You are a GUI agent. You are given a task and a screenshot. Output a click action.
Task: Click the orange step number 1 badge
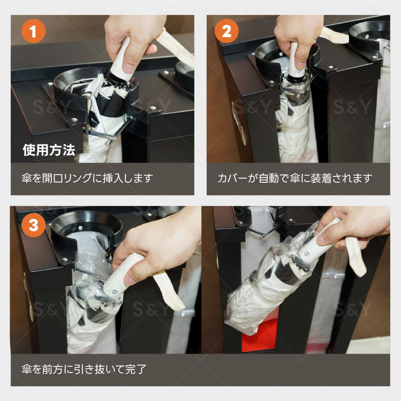33,31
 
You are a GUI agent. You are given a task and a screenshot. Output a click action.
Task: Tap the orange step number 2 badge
227,31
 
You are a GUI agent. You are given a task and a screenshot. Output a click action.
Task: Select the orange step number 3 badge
33,225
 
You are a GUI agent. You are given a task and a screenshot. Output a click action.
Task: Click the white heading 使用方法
49,150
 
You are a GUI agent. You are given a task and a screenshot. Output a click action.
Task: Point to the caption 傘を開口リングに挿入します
88,178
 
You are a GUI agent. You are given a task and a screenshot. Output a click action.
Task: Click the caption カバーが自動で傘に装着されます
295,178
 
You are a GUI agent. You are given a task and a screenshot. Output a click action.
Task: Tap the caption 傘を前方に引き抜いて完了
84,369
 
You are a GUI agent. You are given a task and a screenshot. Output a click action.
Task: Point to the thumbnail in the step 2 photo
300,65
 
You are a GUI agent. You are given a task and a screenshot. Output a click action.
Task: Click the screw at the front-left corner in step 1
74,120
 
